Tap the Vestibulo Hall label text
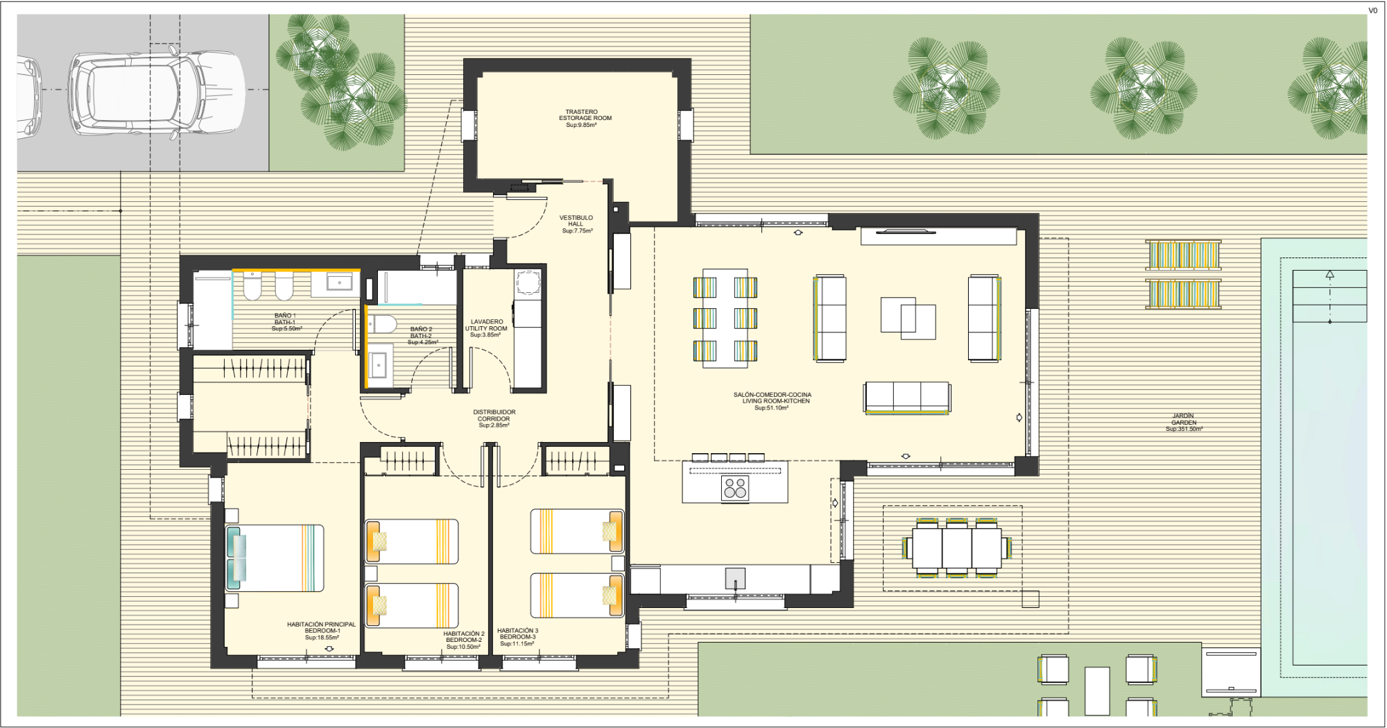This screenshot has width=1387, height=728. [x=576, y=224]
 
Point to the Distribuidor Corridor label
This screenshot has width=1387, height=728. [x=494, y=418]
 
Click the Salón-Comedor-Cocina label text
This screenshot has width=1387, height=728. [x=773, y=401]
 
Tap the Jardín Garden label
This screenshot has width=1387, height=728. [x=1184, y=423]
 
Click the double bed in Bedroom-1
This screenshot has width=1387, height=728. [x=275, y=558]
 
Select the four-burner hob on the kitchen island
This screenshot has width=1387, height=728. [x=735, y=488]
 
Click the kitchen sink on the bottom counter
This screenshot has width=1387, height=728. [x=735, y=578]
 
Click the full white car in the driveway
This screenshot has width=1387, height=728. [x=157, y=93]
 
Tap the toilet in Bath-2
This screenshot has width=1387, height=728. [x=381, y=324]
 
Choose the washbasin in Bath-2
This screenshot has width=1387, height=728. [x=379, y=364]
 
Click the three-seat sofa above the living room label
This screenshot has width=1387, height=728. [x=906, y=398]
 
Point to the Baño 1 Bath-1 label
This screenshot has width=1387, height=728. [x=285, y=322]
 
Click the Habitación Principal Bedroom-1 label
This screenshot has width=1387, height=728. [x=322, y=631]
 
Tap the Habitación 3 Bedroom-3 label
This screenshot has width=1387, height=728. [x=517, y=637]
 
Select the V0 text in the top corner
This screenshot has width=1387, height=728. [x=1372, y=10]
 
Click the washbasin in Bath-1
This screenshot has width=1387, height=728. [x=340, y=282]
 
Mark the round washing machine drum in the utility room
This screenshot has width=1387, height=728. [x=528, y=283]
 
